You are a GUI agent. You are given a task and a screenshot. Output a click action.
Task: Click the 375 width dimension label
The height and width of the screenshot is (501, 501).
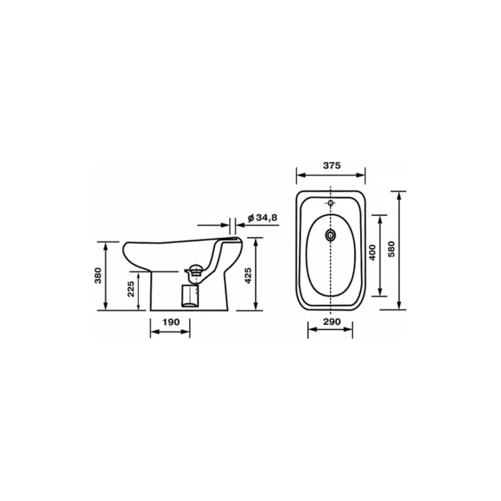click(332, 165)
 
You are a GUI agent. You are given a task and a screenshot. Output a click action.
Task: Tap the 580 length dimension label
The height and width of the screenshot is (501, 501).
click(391, 249)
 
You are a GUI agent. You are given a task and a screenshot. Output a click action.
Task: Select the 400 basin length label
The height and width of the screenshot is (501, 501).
click(372, 252)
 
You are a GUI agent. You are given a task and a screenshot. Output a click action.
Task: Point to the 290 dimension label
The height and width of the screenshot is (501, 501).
click(332, 321)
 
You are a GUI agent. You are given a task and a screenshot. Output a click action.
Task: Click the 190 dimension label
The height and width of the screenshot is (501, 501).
click(171, 322)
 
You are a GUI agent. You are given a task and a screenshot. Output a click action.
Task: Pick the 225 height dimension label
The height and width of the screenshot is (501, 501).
click(131, 289)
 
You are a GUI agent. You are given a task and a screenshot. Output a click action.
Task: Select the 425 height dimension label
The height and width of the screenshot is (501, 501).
click(248, 276)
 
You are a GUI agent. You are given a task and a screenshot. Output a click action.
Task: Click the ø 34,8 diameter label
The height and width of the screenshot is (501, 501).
click(262, 217)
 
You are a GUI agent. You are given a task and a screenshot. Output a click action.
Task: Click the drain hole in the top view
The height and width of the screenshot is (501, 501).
click(331, 235)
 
